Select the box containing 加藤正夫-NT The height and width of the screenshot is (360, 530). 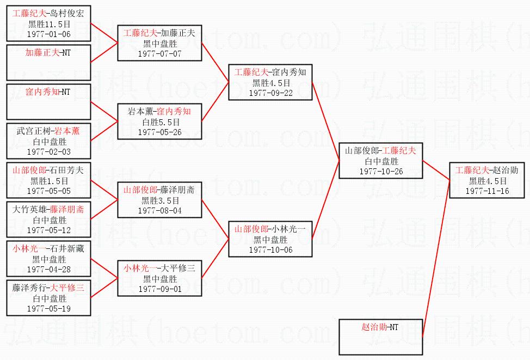pos(48,62)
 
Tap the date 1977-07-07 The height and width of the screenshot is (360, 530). pos(159,53)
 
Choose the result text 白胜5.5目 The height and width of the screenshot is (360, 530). pos(159,123)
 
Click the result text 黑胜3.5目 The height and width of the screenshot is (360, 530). pos(159,200)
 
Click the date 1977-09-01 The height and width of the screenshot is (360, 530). pos(159,289)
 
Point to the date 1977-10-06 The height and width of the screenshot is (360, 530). pos(270,249)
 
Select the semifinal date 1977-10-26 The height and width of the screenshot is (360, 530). pos(381,171)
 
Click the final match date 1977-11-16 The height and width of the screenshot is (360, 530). pos(487,191)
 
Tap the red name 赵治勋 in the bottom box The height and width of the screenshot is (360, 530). pos(374,328)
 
